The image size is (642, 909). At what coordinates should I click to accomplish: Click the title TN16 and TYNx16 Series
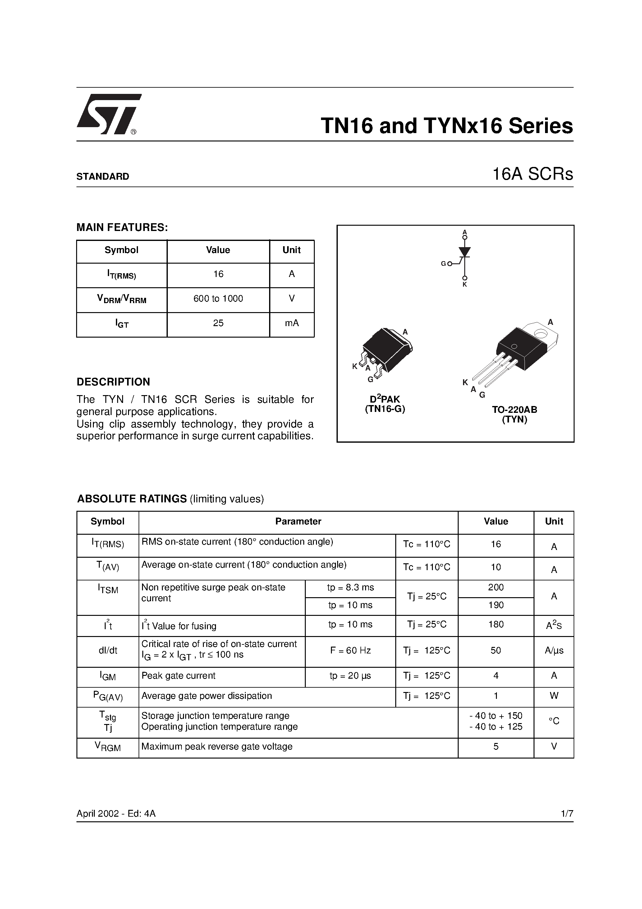[x=447, y=126]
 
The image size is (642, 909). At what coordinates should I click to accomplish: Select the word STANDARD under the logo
[x=103, y=177]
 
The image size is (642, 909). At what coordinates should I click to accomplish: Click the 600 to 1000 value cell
[x=218, y=299]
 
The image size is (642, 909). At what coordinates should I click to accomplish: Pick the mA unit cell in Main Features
[x=292, y=323]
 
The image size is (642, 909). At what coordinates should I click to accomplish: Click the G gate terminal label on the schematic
[x=444, y=264]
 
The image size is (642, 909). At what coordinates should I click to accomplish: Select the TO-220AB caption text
[x=515, y=410]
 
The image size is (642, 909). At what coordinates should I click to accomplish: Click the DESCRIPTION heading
[x=113, y=382]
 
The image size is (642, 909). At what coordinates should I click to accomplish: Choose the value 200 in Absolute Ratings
[x=496, y=588]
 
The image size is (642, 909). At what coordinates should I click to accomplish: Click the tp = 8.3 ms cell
[x=350, y=588]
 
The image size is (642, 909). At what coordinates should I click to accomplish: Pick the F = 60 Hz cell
[x=350, y=650]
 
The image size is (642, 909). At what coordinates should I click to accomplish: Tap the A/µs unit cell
[x=554, y=650]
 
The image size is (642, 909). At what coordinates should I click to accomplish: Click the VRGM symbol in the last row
[x=108, y=747]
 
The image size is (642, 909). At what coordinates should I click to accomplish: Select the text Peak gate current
[x=178, y=676]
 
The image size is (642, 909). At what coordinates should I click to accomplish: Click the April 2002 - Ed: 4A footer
[x=116, y=814]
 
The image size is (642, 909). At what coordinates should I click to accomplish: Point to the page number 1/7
[x=567, y=814]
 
